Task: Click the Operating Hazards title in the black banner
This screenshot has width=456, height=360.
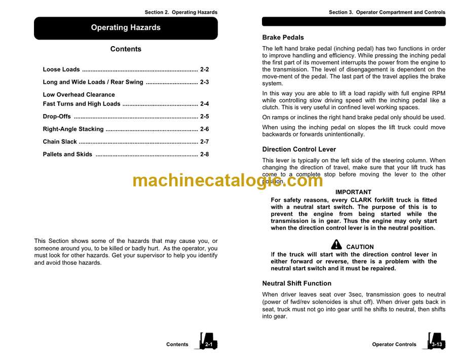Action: point(126,28)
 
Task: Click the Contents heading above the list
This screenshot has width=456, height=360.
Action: point(126,49)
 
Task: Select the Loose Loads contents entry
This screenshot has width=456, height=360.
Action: point(61,69)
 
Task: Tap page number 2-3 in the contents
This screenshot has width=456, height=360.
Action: point(204,82)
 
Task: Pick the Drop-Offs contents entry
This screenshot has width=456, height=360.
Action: point(57,117)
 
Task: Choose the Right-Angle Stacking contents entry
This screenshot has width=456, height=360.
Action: point(73,129)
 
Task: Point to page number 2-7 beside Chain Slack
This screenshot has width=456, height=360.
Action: point(204,142)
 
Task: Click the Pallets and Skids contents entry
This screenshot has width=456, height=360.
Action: point(67,155)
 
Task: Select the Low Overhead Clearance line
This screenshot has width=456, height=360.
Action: point(79,95)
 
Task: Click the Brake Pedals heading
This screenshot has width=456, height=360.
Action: point(283,38)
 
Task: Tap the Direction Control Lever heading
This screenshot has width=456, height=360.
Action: point(299,150)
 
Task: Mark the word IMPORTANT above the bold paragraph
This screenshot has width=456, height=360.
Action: point(353,192)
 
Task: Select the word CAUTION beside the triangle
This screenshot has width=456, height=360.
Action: point(360,247)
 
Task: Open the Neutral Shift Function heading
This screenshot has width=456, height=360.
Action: point(296,283)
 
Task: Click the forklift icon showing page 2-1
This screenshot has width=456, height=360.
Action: point(208,341)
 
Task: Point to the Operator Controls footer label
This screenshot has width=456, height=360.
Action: point(394,345)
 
